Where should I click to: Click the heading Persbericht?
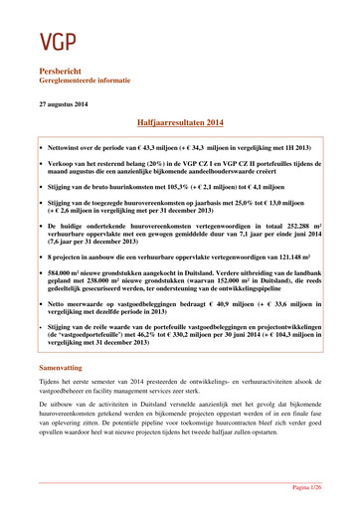[x=62, y=75]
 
